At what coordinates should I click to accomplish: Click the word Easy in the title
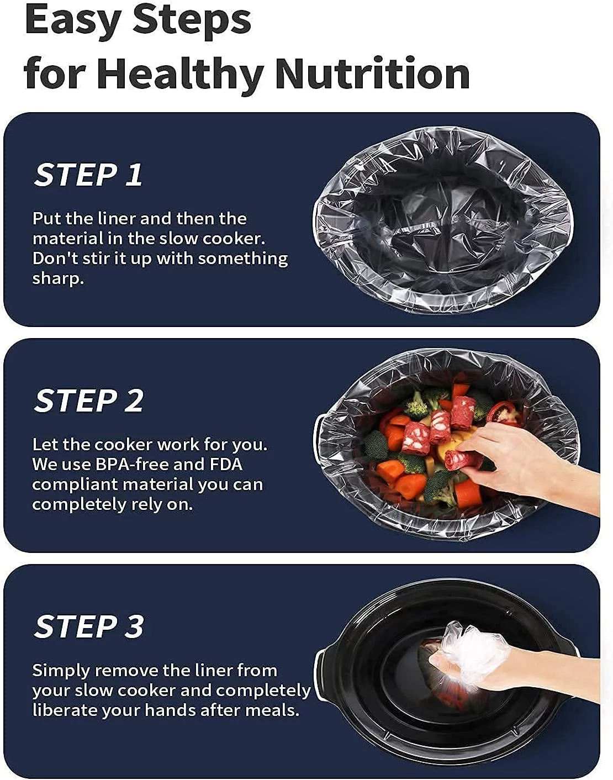(73, 21)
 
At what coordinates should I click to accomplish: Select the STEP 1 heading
(88, 175)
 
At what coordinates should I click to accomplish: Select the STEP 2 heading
(88, 400)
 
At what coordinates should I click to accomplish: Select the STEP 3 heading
(88, 626)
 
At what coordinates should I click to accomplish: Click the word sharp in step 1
(56, 278)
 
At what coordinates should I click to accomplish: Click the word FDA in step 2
(226, 464)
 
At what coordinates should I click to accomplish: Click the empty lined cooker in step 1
(442, 221)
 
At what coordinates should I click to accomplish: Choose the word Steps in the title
(192, 21)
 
